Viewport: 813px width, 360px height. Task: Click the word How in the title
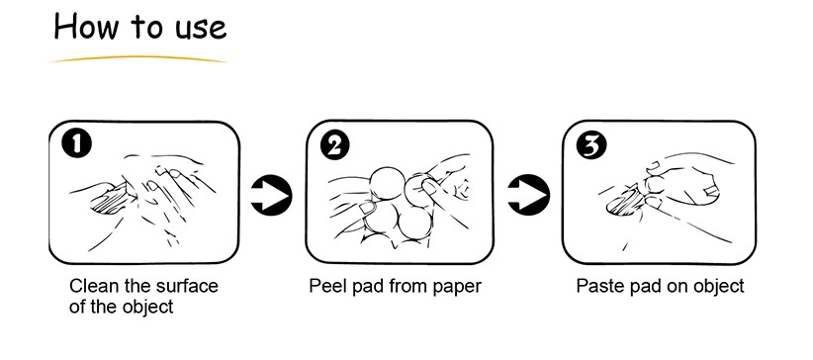(x=85, y=27)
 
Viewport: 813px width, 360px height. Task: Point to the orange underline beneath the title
(x=137, y=58)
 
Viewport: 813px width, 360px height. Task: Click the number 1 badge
(x=77, y=144)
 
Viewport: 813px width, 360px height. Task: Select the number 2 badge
(x=335, y=144)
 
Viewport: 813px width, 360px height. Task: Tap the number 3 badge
(x=592, y=144)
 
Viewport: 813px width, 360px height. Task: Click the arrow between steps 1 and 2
(x=271, y=196)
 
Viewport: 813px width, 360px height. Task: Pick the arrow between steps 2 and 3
(x=528, y=196)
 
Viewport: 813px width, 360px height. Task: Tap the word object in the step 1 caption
(x=147, y=308)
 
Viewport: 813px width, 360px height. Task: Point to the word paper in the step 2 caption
(x=457, y=288)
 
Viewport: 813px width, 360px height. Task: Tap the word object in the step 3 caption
(x=719, y=287)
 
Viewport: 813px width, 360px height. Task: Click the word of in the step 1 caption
(x=77, y=307)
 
